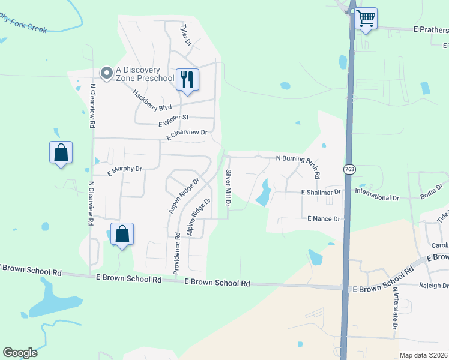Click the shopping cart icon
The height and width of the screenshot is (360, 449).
pos(365,18)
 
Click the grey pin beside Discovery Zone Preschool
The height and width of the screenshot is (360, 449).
pos(107,73)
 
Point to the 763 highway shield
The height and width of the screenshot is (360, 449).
pos(349,170)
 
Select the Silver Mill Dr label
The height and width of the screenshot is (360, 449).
pos(228,188)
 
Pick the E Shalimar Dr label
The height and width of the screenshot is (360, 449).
pos(321,192)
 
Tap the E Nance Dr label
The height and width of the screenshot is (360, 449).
pos(324,219)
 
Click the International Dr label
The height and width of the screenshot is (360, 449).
pos(377,197)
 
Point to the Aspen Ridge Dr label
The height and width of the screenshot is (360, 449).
pos(184,196)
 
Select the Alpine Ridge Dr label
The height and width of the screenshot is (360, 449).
pos(199,217)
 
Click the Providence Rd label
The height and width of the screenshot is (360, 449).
pos(176,253)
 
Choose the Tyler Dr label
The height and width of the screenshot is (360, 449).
pos(186,35)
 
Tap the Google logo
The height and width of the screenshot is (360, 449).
pos(20,353)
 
